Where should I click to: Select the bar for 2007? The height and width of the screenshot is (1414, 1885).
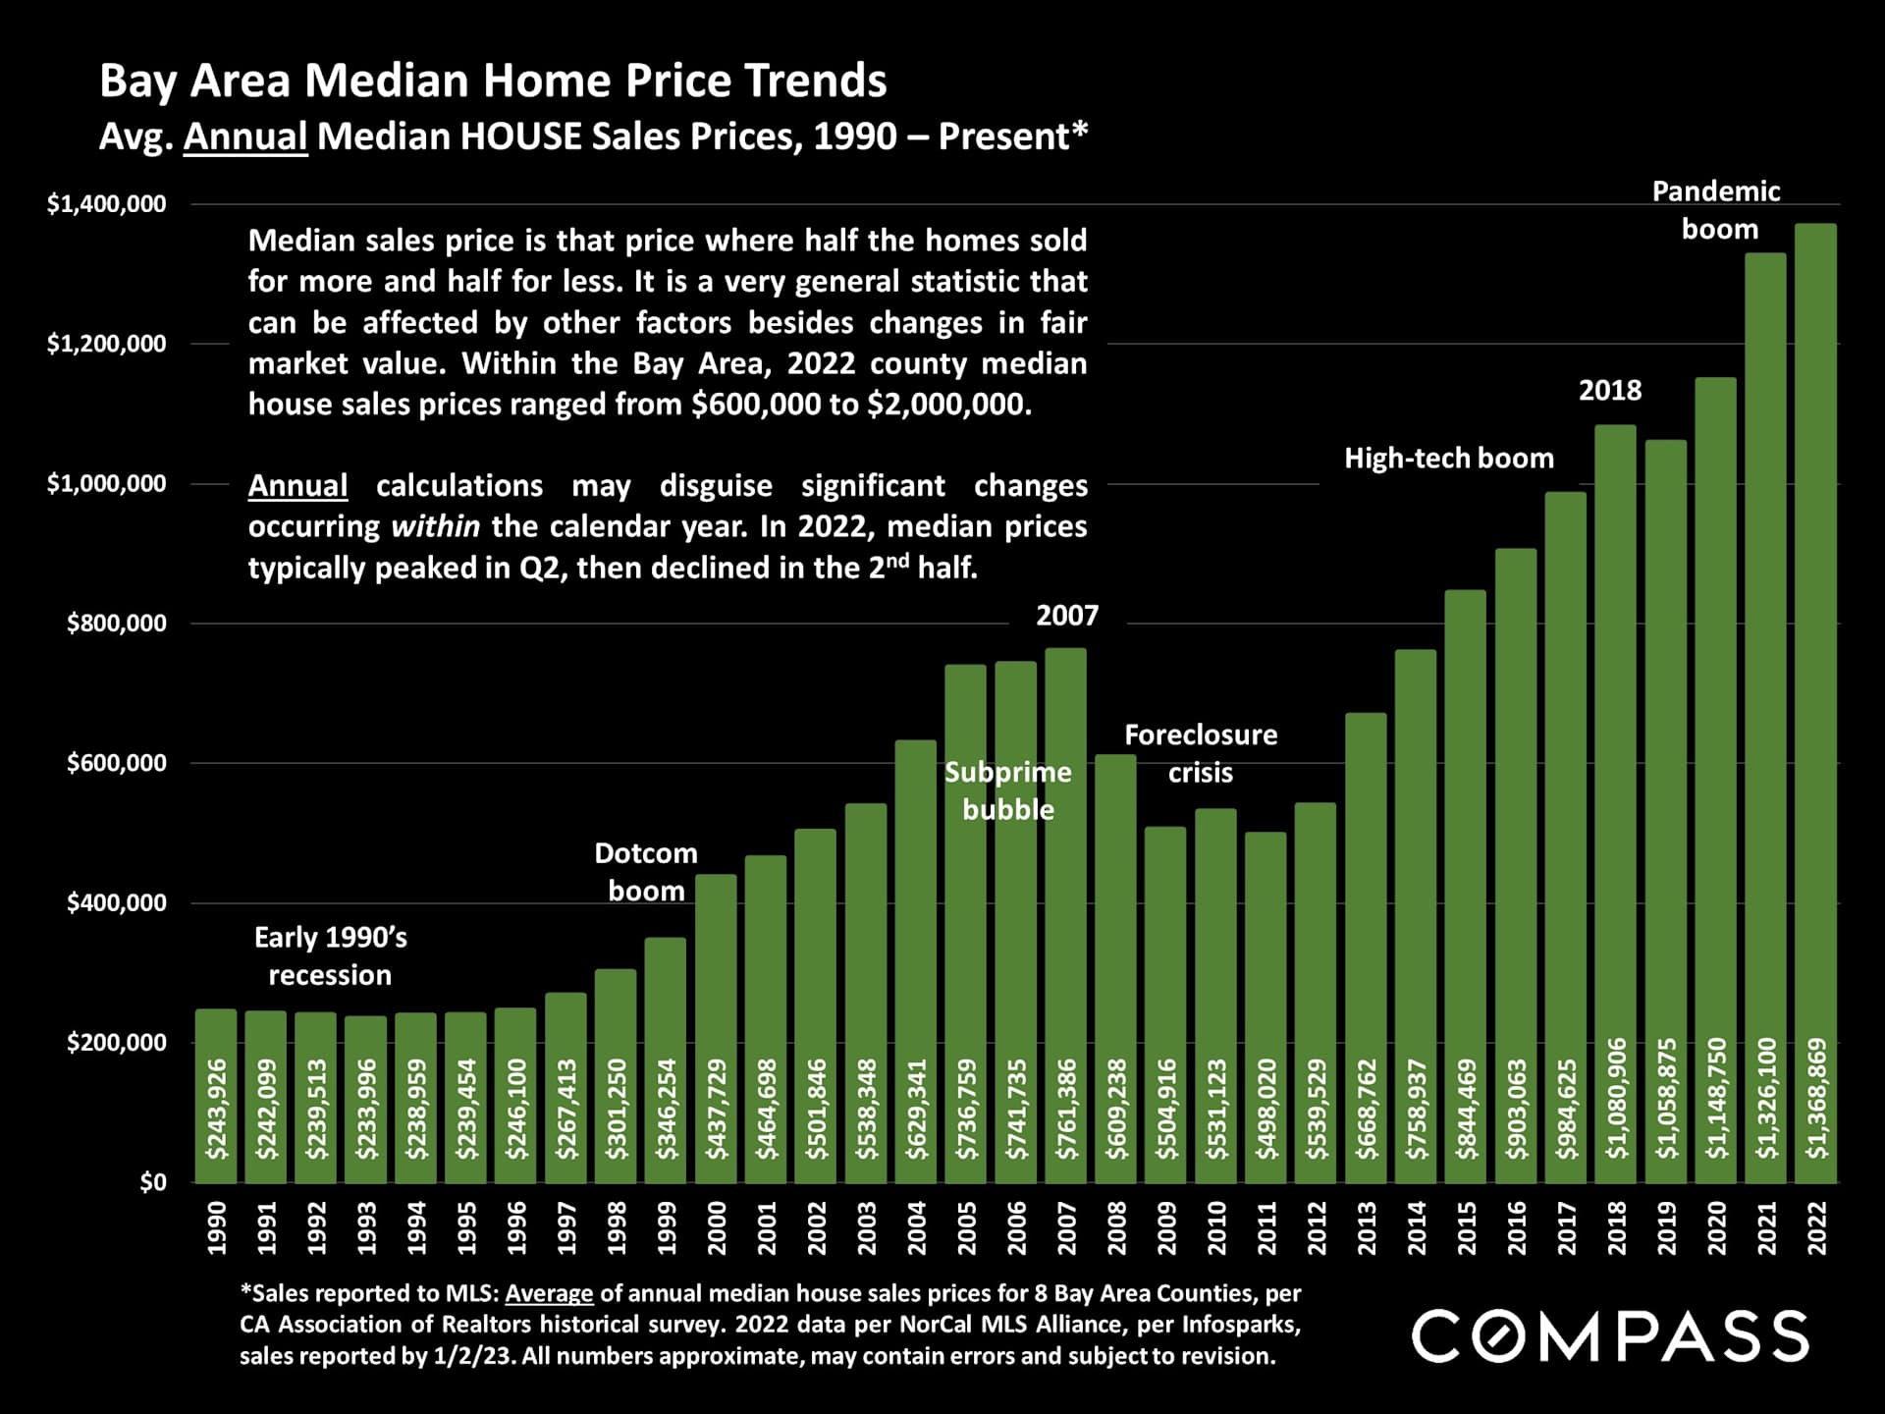pyautogui.click(x=1065, y=913)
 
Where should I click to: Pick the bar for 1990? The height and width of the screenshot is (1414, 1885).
pyautogui.click(x=216, y=1095)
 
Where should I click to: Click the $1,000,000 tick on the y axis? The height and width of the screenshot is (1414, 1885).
pyautogui.click(x=106, y=483)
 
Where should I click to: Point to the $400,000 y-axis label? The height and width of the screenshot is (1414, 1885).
pyautogui.click(x=116, y=902)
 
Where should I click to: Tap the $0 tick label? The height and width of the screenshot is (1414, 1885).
pyautogui.click(x=152, y=1182)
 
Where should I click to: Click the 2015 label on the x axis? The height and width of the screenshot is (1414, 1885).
pyautogui.click(x=1466, y=1227)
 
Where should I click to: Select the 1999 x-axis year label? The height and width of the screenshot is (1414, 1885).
pyautogui.click(x=666, y=1227)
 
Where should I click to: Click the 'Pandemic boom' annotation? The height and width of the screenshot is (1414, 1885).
pyautogui.click(x=1717, y=210)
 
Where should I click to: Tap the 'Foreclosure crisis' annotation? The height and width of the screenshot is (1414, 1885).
pyautogui.click(x=1200, y=753)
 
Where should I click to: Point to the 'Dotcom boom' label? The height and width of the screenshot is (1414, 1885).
pyautogui.click(x=646, y=872)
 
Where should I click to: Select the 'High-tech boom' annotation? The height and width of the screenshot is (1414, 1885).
pyautogui.click(x=1448, y=459)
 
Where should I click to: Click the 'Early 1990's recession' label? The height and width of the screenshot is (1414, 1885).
pyautogui.click(x=330, y=956)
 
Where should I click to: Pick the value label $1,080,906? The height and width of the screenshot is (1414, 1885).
pyautogui.click(x=1616, y=1098)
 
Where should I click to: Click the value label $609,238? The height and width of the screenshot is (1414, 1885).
pyautogui.click(x=1116, y=1109)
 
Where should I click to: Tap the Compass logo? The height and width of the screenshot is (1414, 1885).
pyautogui.click(x=1609, y=1335)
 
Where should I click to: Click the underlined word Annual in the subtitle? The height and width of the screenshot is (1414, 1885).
pyautogui.click(x=245, y=136)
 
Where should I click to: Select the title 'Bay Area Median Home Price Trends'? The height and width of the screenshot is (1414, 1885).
pyautogui.click(x=493, y=81)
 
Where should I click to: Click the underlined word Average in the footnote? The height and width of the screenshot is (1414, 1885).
pyautogui.click(x=549, y=1293)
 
